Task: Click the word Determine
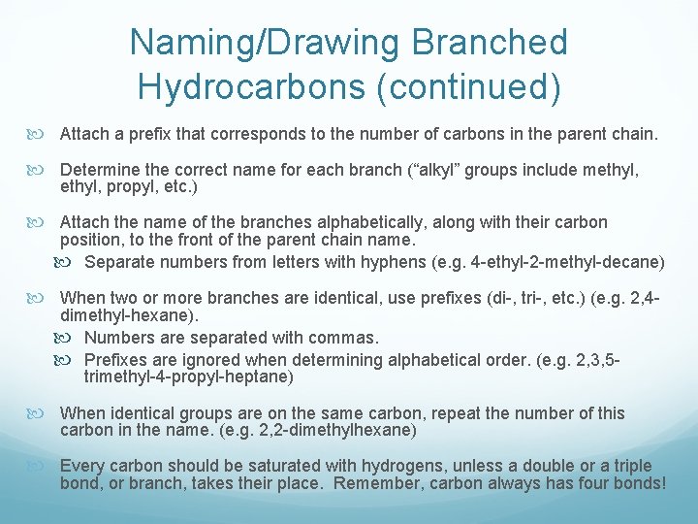click(x=99, y=170)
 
